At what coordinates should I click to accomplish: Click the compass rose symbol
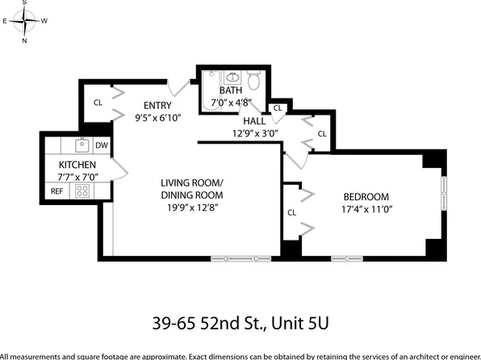click(24, 20)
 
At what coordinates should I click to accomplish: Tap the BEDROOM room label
click(366, 197)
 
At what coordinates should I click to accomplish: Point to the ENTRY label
click(157, 106)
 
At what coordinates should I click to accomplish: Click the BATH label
click(231, 90)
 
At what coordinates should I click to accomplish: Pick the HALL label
click(243, 120)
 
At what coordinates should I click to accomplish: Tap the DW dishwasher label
click(102, 146)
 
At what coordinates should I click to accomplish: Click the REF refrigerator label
click(56, 191)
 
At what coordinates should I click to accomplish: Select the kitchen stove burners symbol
click(82, 191)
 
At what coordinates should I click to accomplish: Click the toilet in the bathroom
click(253, 80)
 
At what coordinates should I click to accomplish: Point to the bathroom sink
click(232, 77)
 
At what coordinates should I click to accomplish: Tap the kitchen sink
click(82, 145)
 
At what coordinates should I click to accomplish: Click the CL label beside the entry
click(98, 103)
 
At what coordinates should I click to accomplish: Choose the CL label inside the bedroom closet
click(291, 213)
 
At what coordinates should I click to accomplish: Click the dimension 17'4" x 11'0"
click(366, 210)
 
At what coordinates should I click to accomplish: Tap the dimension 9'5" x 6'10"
click(157, 118)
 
